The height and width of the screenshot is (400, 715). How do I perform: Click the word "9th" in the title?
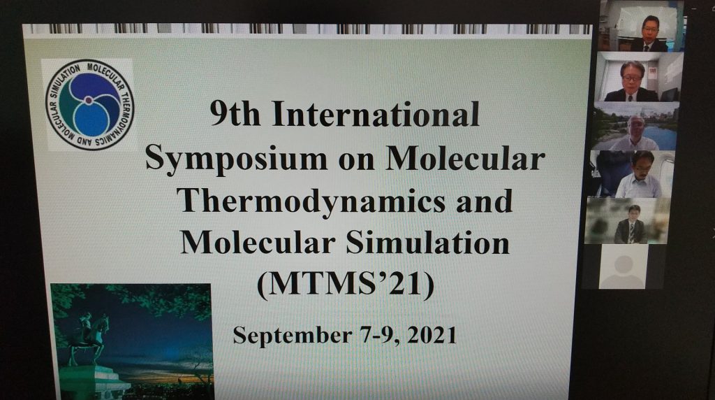point(235,114)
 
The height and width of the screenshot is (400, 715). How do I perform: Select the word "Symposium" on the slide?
point(236,159)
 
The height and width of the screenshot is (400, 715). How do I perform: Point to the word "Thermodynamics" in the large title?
point(314,201)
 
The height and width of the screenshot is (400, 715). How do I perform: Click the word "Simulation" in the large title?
point(427,242)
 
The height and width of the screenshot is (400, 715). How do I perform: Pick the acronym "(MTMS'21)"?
point(346,284)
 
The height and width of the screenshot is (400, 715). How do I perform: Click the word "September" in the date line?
point(292,336)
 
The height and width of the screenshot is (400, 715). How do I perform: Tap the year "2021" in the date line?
point(432,335)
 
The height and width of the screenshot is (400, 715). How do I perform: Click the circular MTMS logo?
point(90,105)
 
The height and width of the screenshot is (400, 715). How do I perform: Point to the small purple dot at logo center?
point(89,100)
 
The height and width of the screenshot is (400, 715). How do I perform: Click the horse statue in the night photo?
point(89,337)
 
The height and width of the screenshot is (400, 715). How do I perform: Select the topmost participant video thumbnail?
point(641,26)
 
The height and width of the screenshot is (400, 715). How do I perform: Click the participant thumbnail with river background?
point(635,127)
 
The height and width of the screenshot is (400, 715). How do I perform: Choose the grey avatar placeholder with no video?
point(622,266)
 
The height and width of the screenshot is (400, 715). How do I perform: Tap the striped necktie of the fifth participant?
point(631,232)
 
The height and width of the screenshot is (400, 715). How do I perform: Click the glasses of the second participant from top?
point(631,78)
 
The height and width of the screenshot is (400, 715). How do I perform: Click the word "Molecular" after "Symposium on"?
point(465,158)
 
